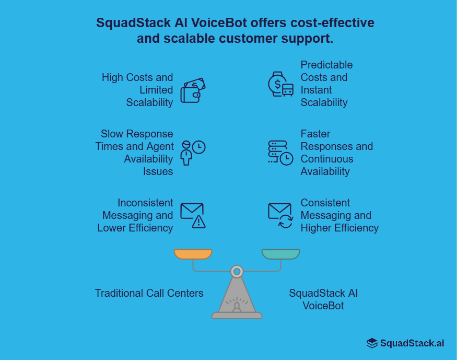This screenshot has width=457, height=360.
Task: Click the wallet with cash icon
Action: pyautogui.click(x=193, y=90)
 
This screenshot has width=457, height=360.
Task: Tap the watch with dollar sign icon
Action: pyautogui.click(x=280, y=84)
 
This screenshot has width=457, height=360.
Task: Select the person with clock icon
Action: pyautogui.click(x=192, y=152)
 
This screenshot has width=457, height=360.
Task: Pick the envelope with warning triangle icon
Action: pyautogui.click(x=193, y=215)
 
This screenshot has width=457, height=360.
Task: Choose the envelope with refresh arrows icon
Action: pyautogui.click(x=280, y=215)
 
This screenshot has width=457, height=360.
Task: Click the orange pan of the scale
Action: pyautogui.click(x=193, y=254)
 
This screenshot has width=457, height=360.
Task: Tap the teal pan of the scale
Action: pyautogui.click(x=280, y=254)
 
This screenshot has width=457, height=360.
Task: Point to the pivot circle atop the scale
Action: pyautogui.click(x=237, y=271)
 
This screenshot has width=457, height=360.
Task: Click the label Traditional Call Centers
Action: pyautogui.click(x=149, y=293)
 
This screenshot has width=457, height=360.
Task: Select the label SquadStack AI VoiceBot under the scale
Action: pyautogui.click(x=323, y=299)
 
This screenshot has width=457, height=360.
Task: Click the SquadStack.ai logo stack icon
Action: pyautogui.click(x=372, y=343)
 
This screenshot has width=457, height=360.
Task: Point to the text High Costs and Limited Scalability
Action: pyautogui.click(x=138, y=90)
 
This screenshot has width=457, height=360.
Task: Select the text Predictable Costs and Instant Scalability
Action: pyautogui.click(x=326, y=84)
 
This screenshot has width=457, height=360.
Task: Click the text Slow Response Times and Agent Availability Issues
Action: pyautogui.click(x=135, y=153)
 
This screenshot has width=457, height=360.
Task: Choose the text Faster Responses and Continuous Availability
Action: pyautogui.click(x=336, y=153)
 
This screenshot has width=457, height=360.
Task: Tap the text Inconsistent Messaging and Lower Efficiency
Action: pyautogui.click(x=135, y=215)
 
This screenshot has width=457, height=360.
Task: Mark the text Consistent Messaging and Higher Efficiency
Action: pyautogui.click(x=339, y=215)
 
